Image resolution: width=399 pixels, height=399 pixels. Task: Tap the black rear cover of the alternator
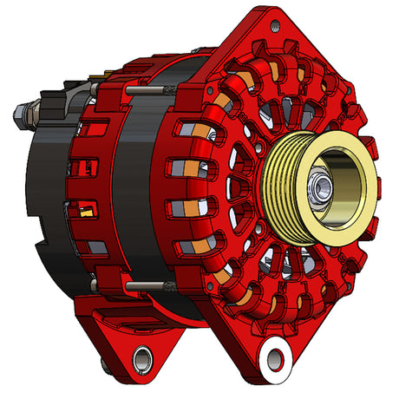coord(48,199)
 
